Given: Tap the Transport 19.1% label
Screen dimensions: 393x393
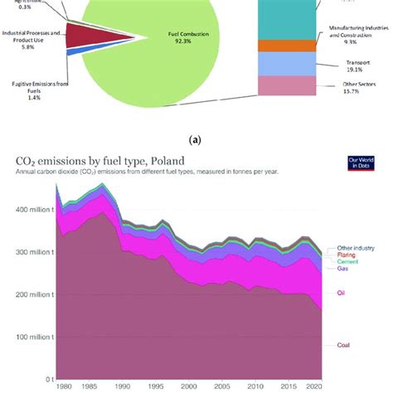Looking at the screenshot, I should pyautogui.click(x=358, y=66).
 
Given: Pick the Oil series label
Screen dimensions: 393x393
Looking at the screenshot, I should pyautogui.click(x=343, y=292).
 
